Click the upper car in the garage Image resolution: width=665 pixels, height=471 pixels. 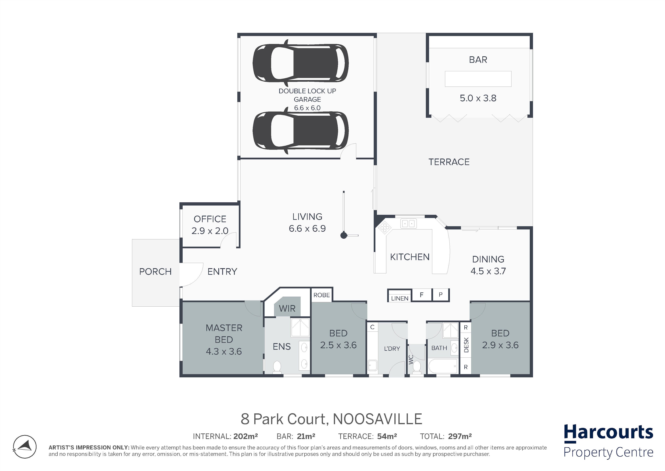pyautogui.click(x=301, y=63)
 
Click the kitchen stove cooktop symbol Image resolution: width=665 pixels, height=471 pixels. pyautogui.click(x=385, y=228)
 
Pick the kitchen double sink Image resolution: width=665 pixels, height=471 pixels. pyautogui.click(x=408, y=224)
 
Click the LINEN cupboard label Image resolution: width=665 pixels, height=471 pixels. pyautogui.click(x=400, y=298)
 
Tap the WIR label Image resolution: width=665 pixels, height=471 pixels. pyautogui.click(x=287, y=308)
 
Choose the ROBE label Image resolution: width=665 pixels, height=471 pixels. pyautogui.click(x=322, y=295)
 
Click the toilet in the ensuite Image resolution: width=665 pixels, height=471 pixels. pyautogui.click(x=277, y=367)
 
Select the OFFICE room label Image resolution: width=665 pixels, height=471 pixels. pyautogui.click(x=210, y=219)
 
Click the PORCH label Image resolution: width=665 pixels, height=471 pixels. pyautogui.click(x=155, y=272)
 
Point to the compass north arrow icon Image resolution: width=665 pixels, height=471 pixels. pyautogui.click(x=25, y=447)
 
